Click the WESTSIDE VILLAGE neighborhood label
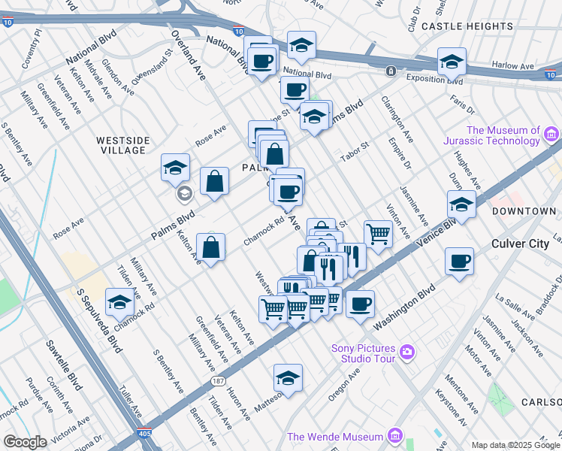122,145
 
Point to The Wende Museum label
335,437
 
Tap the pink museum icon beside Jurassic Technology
551,135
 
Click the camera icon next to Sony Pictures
407,351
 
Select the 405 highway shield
144,434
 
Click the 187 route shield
218,382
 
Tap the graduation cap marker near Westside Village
175,168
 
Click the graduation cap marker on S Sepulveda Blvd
120,302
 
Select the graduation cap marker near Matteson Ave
288,379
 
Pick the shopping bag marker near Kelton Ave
211,247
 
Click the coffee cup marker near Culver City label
458,262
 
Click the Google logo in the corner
25,442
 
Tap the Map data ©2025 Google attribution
515,445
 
